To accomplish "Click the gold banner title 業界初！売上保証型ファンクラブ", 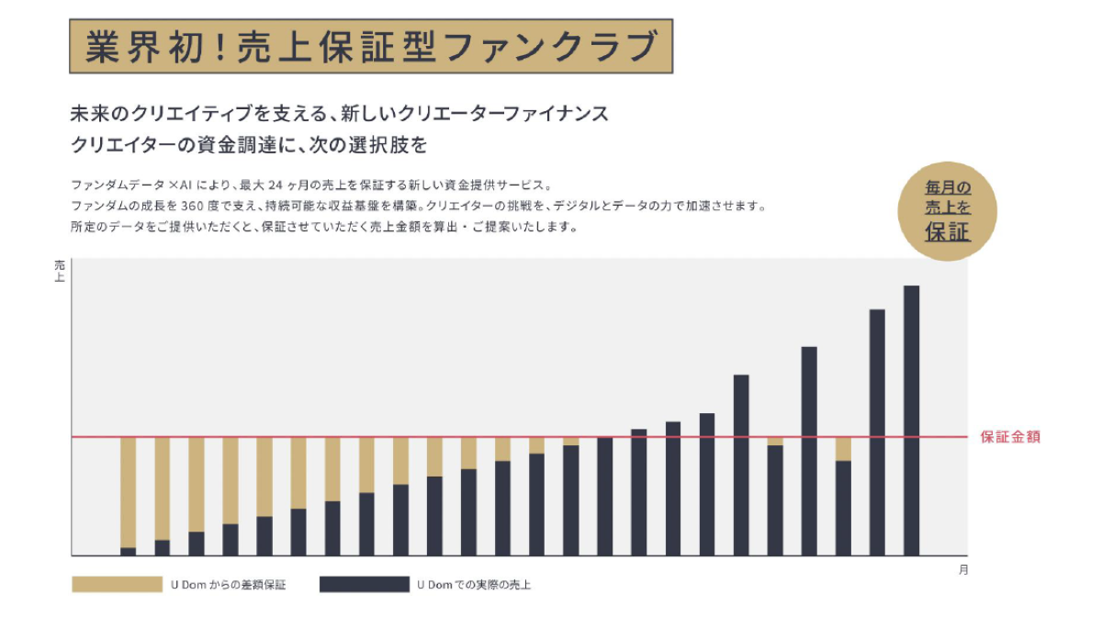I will point(371,47).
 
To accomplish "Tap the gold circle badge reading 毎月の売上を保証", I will point(947,210).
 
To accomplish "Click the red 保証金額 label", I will point(1010,437).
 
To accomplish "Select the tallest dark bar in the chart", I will point(911,421).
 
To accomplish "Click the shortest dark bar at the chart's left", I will point(129,551).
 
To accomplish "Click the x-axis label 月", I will point(962,570).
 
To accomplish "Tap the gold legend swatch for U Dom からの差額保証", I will point(117,585).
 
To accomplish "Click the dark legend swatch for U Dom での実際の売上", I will point(364,585).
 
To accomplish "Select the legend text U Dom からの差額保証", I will point(228,585).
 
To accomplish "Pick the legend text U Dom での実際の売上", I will point(474,585).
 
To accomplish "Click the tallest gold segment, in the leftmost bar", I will point(129,491).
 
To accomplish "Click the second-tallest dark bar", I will point(877,432).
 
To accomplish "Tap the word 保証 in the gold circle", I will point(947,232).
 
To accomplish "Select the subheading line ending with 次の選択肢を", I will point(249,145).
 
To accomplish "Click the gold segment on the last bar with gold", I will point(843,449).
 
